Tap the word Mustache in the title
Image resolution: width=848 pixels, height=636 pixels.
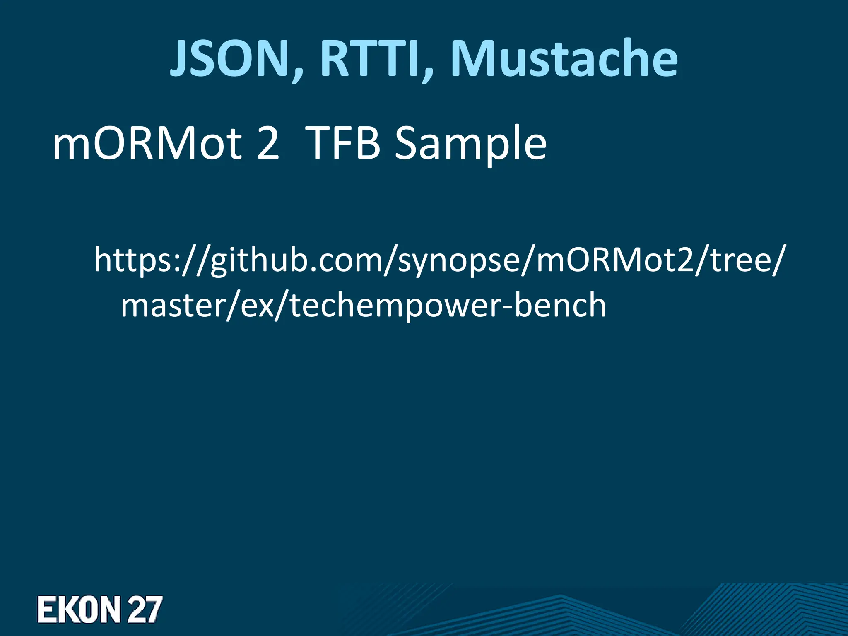[564, 59]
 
